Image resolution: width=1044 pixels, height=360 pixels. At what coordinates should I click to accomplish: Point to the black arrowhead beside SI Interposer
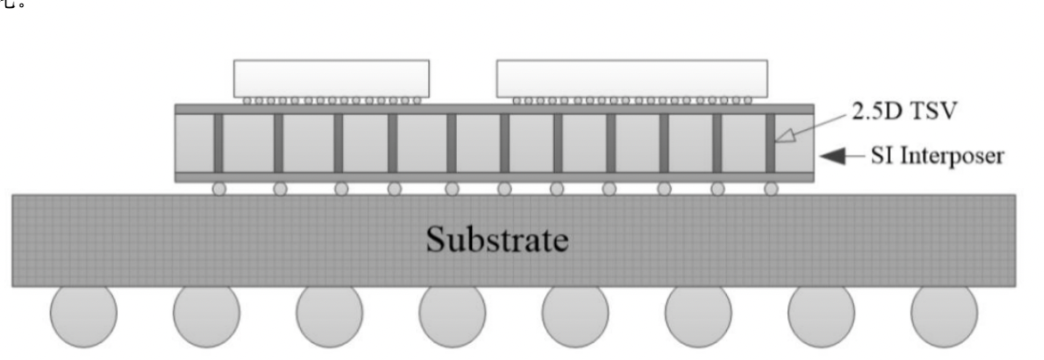coord(835,158)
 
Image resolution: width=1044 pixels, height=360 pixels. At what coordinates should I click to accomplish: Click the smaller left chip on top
coord(330,78)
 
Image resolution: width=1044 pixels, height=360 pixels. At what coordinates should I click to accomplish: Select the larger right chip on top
coord(632,78)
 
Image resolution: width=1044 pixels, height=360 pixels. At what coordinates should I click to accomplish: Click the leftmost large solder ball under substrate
coord(83,315)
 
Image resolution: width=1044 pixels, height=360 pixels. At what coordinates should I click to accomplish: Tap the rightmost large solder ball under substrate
coord(944,315)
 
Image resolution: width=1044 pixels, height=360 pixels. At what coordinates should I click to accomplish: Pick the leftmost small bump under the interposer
coord(219,189)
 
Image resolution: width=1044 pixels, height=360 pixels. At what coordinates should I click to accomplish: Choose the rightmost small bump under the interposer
coord(771,189)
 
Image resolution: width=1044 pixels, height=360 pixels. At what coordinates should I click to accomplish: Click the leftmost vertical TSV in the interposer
coord(217,143)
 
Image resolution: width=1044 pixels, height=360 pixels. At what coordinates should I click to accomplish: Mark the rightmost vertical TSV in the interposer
coord(771,143)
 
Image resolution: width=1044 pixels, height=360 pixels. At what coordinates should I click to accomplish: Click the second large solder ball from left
coord(207,315)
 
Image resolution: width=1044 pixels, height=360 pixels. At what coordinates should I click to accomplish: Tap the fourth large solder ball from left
coord(453,315)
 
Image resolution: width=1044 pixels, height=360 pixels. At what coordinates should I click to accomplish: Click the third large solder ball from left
coord(330,315)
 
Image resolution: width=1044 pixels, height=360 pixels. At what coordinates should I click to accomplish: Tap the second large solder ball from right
coord(821,315)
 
